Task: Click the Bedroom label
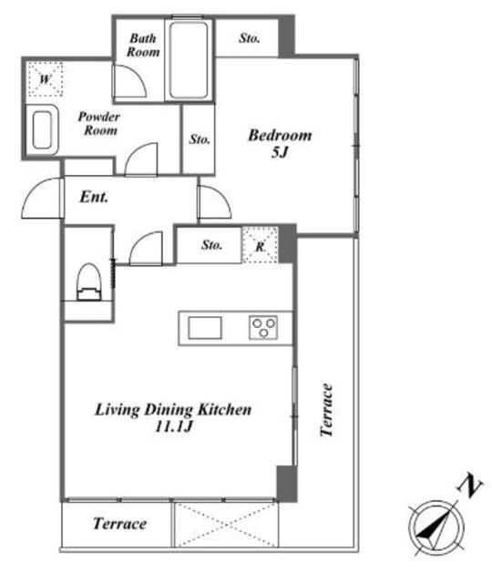pos(280,136)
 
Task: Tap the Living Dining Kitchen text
pos(173,409)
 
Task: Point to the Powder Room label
pos(99,124)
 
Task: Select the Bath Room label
pos(143,45)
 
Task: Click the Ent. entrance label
pos(94,197)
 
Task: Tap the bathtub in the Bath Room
pos(189,60)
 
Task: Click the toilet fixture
pos(89,281)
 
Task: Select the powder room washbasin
pos(42,129)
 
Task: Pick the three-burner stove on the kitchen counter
pos(263,328)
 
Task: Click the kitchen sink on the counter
pos(205,328)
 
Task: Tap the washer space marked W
pos(45,79)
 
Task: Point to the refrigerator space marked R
pos(260,246)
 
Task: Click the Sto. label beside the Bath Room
pos(249,38)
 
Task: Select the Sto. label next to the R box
pos(211,245)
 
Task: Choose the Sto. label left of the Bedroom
pos(200,139)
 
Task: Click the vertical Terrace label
pos(326,410)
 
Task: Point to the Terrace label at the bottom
pos(119,524)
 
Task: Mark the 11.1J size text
pos(173,426)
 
